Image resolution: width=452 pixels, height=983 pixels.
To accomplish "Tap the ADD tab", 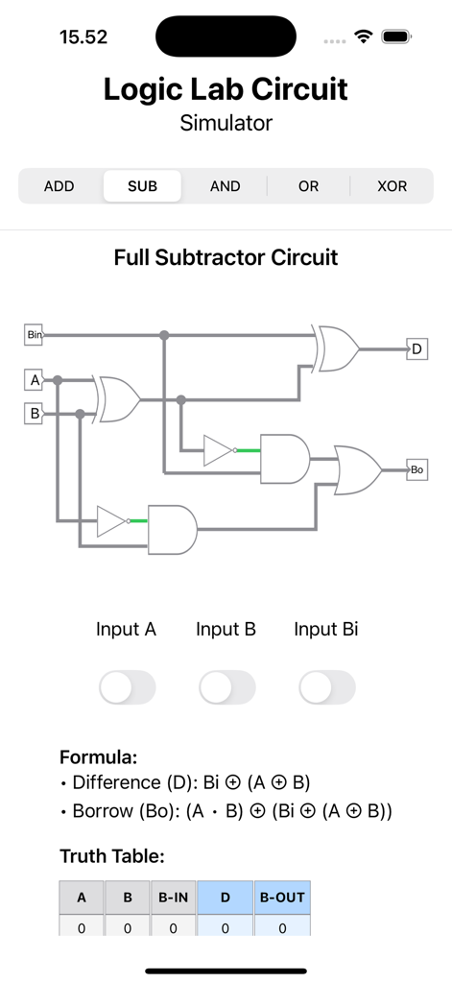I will [x=59, y=186].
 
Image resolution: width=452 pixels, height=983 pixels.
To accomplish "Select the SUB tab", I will [x=142, y=186].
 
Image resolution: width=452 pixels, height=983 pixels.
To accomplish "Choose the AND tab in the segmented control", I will [x=226, y=186].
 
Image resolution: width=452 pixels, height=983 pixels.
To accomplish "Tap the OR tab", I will [x=308, y=186].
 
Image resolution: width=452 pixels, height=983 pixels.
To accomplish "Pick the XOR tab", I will [x=392, y=186].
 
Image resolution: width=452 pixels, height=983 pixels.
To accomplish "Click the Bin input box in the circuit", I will [x=35, y=335].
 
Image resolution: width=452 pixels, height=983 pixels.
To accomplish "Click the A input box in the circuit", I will [x=35, y=381].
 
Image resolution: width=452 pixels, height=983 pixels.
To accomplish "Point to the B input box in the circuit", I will [x=35, y=414].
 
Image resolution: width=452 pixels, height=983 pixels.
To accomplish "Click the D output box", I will [x=416, y=349].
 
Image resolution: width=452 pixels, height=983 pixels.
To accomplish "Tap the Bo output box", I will [x=416, y=470].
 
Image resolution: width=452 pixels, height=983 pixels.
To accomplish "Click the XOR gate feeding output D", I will [x=338, y=348].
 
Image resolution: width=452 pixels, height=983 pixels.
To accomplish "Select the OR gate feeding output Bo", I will [x=356, y=469].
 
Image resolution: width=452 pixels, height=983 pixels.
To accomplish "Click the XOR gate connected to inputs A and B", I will [x=117, y=397].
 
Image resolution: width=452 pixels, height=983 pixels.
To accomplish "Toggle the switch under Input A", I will [x=128, y=687].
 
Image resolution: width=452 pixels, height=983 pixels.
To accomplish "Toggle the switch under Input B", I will [x=227, y=687].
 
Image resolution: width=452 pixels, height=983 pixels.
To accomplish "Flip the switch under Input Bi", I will [x=327, y=687].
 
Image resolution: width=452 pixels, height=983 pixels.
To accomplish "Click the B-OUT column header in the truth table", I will [x=282, y=898].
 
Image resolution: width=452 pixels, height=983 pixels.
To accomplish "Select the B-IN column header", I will [x=173, y=898].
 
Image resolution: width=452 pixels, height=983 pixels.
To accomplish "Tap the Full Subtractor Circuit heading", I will [x=226, y=257].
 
